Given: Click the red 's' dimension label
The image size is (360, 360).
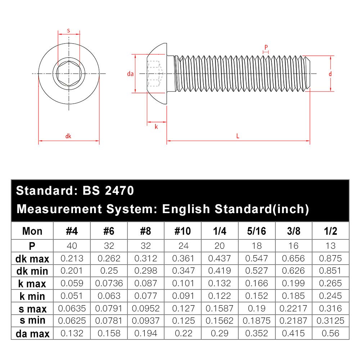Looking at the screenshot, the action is click(x=68, y=31).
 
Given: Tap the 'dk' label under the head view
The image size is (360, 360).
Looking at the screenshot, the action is click(x=68, y=136).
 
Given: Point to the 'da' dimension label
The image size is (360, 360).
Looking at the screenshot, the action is click(x=130, y=74).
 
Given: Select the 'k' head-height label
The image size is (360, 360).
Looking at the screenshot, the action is click(x=156, y=127).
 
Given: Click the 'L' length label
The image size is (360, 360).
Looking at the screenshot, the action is click(x=238, y=136).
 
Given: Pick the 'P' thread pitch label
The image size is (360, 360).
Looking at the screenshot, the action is click(x=266, y=47).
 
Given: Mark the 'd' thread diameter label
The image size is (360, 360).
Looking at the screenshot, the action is click(x=330, y=74).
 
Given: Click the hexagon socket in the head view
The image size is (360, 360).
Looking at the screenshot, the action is click(x=69, y=73).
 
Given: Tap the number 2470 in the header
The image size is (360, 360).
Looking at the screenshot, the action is click(x=119, y=190).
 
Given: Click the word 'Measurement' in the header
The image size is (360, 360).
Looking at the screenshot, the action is click(x=59, y=209).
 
